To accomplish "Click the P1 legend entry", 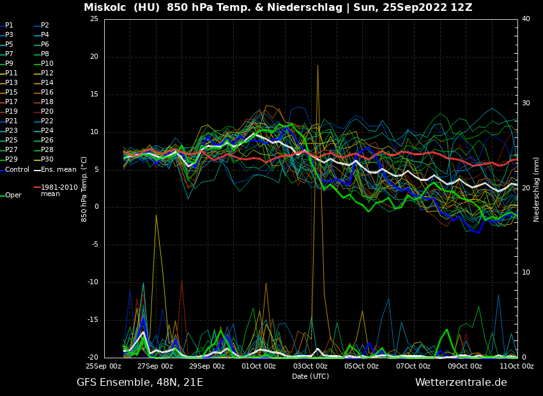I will coord(9,26).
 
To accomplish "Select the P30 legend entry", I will coord(47,160).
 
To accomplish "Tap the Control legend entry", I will coord(17,170).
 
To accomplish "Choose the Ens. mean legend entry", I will coord(58,170).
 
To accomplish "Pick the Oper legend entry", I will coord(13,195).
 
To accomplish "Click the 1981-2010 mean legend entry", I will coord(59,190).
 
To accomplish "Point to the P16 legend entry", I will coord(47,93).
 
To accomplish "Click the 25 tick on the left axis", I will coord(94,19).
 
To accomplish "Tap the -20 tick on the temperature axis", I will coord(93,358).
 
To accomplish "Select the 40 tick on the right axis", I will coord(526,19).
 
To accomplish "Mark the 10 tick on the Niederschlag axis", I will coord(526,273).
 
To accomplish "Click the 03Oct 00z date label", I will coord(310,367).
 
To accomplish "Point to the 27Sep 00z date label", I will coord(155,367).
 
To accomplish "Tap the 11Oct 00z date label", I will coord(517,367).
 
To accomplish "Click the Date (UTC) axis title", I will coord(310,377).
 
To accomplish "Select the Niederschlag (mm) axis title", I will coord(537,189).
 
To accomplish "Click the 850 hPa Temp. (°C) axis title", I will coord(84,189).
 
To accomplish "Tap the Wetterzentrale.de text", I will coord(461,383).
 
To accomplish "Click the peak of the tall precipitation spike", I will coord(317,65).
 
